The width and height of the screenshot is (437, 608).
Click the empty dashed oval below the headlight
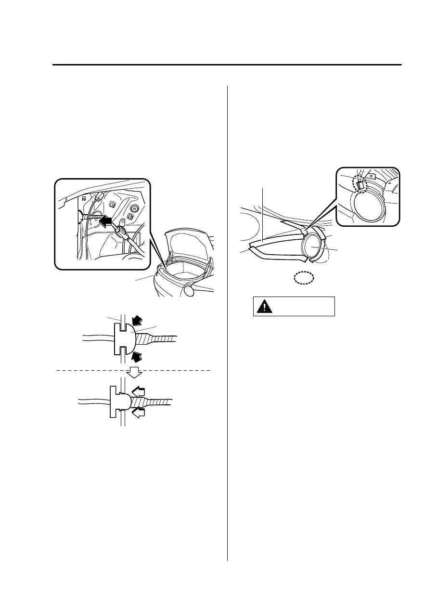pos(304,278)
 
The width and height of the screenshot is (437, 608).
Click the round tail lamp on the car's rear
pos(189,290)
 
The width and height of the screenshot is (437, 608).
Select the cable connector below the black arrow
pos(120,234)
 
